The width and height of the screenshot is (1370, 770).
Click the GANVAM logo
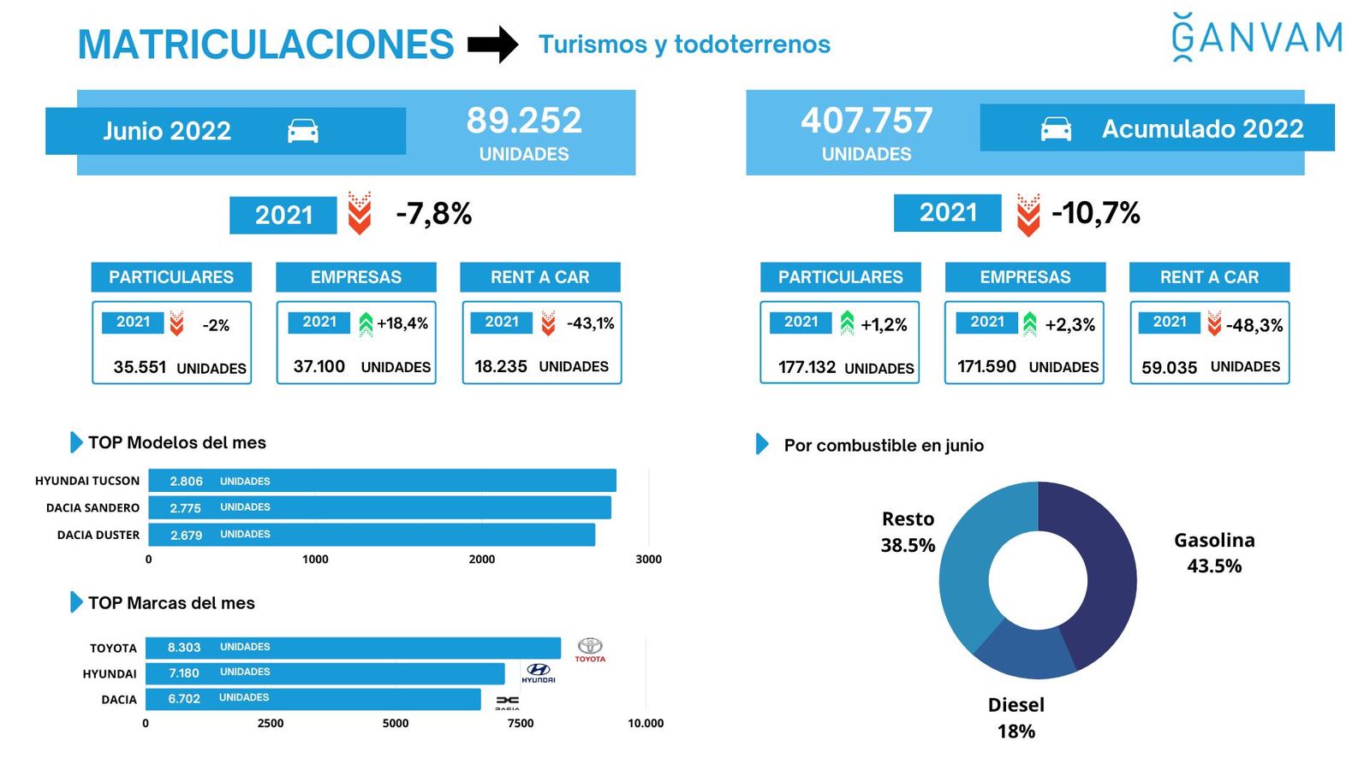tap(1256, 38)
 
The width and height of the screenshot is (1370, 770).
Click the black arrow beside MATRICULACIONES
tap(492, 44)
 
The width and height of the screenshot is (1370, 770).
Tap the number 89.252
tap(524, 121)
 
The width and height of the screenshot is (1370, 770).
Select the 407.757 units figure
tap(867, 121)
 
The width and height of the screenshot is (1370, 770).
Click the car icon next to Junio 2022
tap(303, 131)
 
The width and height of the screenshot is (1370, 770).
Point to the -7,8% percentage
tap(434, 214)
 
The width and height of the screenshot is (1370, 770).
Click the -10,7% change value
tap(1096, 213)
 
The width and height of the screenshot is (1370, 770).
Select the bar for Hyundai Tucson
tap(382, 481)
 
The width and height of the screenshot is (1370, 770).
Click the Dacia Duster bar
tap(372, 535)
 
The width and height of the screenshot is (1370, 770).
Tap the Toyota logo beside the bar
tap(590, 649)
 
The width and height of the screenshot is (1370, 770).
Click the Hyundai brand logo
tap(539, 673)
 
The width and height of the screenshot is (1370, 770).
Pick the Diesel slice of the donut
tap(1023, 651)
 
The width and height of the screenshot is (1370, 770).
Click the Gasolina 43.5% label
tap(1214, 553)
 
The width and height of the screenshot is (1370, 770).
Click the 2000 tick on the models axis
tap(482, 560)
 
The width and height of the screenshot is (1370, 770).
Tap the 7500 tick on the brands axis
tap(521, 723)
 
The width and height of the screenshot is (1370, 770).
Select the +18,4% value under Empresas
tap(402, 323)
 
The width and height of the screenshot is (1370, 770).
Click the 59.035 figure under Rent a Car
tap(1169, 368)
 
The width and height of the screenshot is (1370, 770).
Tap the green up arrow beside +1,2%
tap(847, 323)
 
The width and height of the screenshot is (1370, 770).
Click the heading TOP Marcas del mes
tap(171, 603)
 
